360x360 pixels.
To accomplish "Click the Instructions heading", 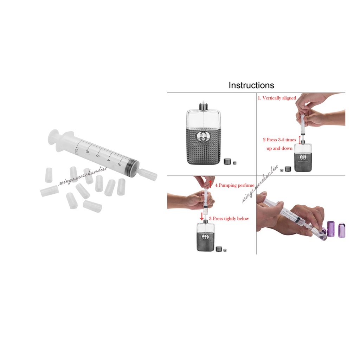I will [251, 85].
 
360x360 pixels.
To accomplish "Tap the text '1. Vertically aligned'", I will [277, 98].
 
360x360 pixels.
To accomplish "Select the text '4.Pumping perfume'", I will [234, 185].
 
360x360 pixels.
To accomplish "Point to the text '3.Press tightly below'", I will [229, 219].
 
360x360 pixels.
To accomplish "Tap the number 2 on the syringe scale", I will [120, 164].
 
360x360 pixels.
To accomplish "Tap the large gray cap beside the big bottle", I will [228, 162].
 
